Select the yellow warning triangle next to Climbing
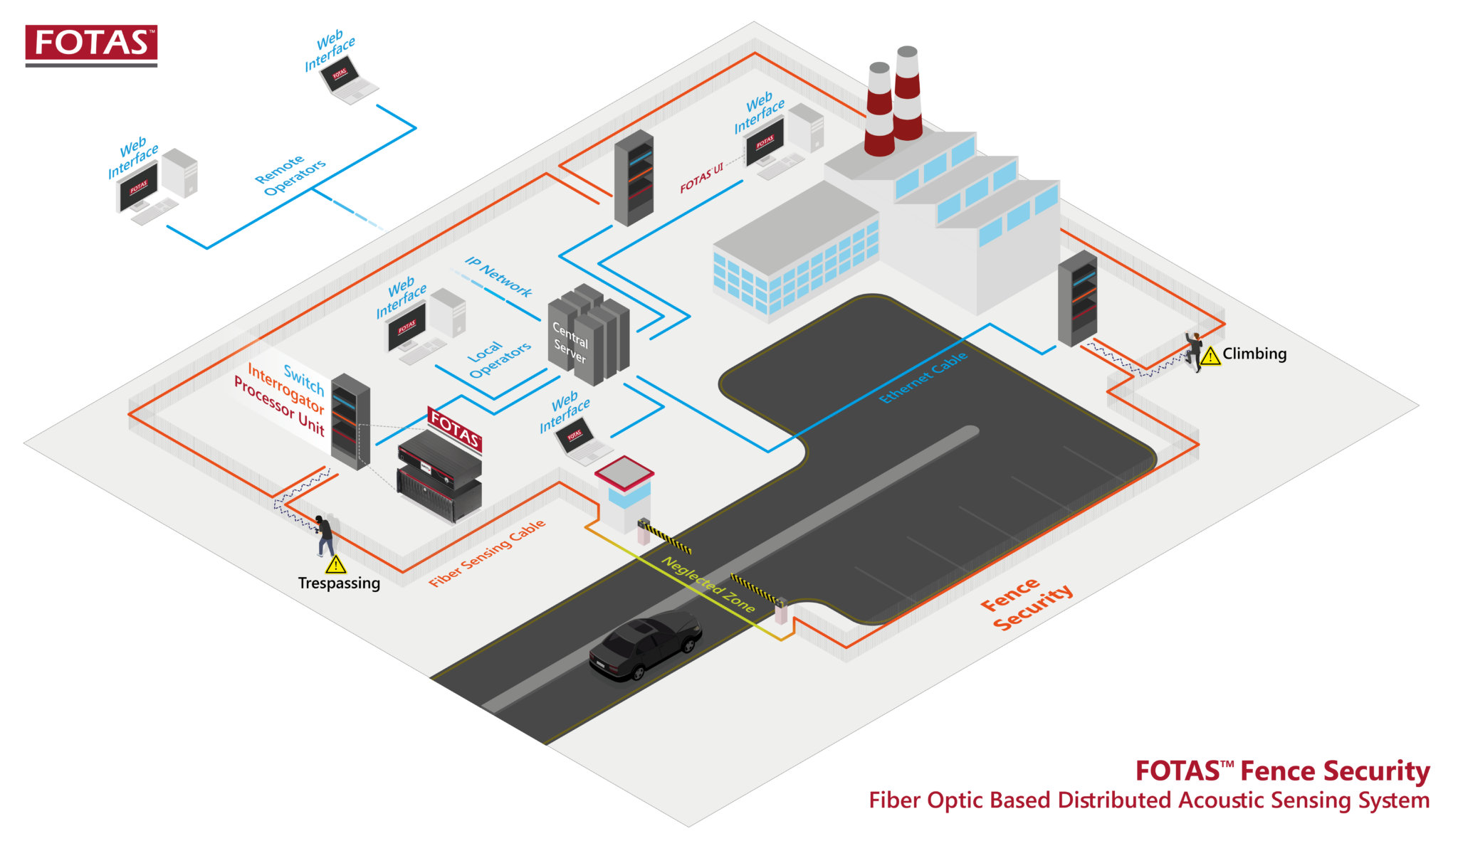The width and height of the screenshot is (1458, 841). coord(1210,355)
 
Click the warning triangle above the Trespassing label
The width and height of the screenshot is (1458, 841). coord(335,565)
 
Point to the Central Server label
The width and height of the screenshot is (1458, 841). coord(570,342)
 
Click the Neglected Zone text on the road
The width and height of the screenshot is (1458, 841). coord(708,584)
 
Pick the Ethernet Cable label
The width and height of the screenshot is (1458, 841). coord(923,377)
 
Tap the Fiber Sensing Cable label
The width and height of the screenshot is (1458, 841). coord(488,553)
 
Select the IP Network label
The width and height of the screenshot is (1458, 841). coord(498,276)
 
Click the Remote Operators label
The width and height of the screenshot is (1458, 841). coord(290,176)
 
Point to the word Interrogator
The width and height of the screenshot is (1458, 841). coord(285,388)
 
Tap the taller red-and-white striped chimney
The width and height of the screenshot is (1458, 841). coord(908,92)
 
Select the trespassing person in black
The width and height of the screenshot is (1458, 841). coord(325,534)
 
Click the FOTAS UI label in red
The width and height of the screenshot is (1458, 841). coord(701,178)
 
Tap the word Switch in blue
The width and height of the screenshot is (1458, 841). coord(304,380)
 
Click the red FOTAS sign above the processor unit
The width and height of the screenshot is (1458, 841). coord(454,428)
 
